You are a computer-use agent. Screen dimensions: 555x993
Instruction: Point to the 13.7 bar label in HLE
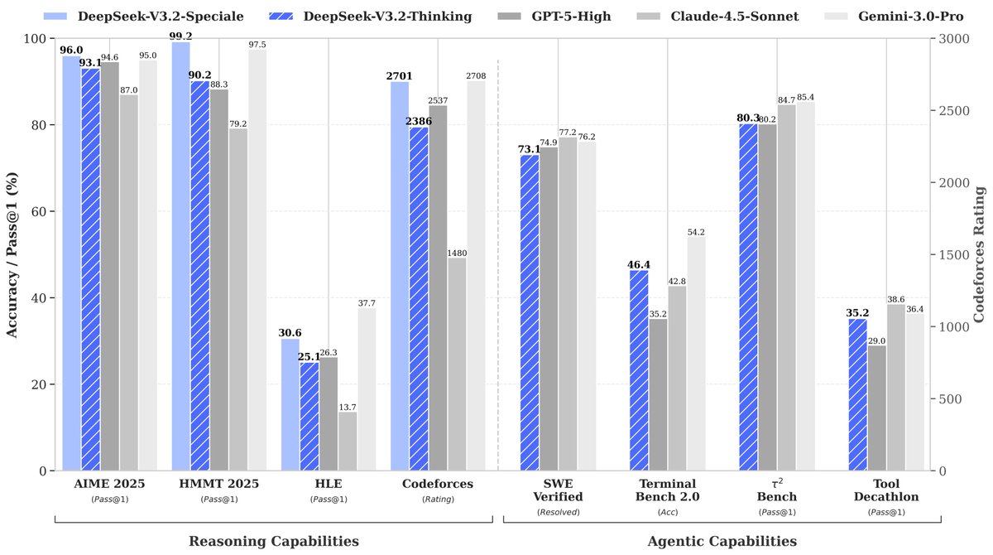(x=348, y=407)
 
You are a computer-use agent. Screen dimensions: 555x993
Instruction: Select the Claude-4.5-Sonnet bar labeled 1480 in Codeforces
(x=457, y=364)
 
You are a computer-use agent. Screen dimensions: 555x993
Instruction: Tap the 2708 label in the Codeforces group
(x=476, y=76)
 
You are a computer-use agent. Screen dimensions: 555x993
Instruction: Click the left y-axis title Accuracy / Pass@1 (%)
(x=13, y=254)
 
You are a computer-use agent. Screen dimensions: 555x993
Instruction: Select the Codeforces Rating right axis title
(x=979, y=254)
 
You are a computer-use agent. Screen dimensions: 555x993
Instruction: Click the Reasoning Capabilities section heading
(x=274, y=541)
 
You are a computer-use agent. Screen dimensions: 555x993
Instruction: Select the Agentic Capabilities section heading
(x=722, y=541)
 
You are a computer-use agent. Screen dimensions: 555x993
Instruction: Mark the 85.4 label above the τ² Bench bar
(x=804, y=97)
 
